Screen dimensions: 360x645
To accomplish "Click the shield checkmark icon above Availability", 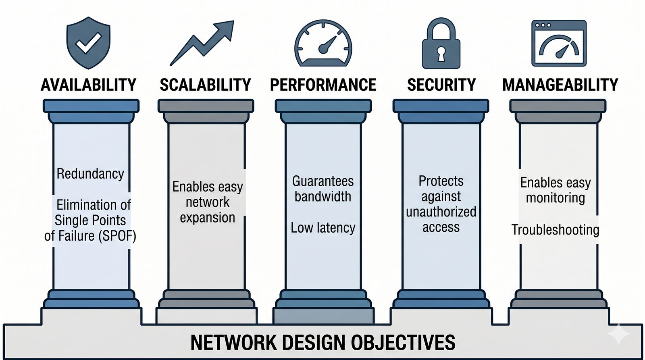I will click(88, 43).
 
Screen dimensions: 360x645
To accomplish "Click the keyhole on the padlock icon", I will click(441, 54).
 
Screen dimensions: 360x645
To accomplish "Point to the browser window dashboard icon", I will click(559, 43).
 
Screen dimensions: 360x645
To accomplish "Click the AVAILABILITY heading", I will click(89, 85).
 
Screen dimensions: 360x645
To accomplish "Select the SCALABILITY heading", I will click(205, 85).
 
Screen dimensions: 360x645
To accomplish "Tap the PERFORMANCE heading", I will click(323, 85).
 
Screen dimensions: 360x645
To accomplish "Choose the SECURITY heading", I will click(441, 85).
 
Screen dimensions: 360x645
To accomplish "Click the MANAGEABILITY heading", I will click(560, 85).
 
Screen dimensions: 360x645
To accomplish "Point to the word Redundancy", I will click(90, 174).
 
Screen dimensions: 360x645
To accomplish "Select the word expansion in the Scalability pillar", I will click(207, 218).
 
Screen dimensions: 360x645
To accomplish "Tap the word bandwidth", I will click(323, 197).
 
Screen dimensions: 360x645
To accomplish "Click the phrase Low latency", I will click(323, 228).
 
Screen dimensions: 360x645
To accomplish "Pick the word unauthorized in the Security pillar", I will click(441, 212).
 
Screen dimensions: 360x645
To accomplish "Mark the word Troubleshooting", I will click(555, 230).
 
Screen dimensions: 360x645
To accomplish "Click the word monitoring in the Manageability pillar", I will click(555, 198).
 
